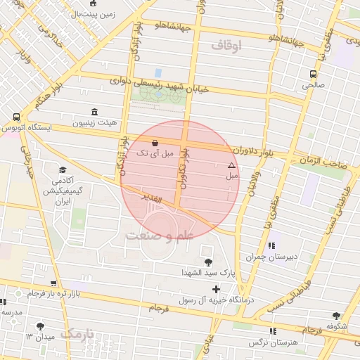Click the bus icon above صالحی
[313, 73]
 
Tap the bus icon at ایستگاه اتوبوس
[16, 117]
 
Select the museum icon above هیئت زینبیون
[94, 112]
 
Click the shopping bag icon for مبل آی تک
[145, 143]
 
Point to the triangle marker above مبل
[231, 165]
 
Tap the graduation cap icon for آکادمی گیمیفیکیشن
[63, 170]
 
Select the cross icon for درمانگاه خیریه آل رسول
[216, 289]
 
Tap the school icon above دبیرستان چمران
[271, 245]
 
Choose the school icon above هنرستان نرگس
[273, 331]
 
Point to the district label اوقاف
[225, 45]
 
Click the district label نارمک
[77, 334]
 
